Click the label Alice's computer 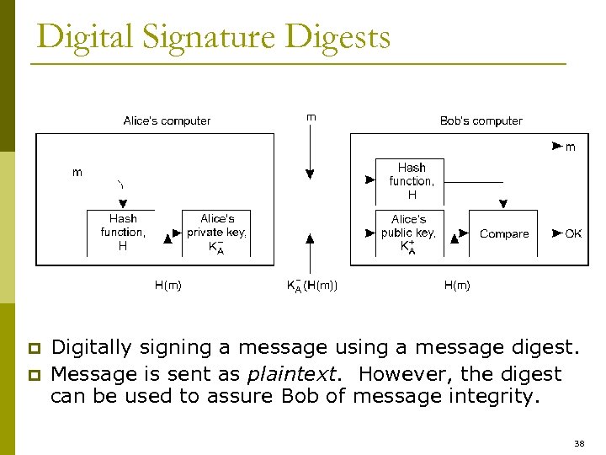click(167, 120)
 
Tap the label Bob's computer click(481, 120)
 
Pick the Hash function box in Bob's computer click(412, 181)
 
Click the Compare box click(504, 234)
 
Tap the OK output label click(573, 234)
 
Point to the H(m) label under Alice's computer click(167, 286)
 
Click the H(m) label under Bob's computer click(457, 286)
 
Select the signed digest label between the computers click(312, 286)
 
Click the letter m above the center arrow click(311, 117)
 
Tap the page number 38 click(578, 443)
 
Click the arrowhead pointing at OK click(556, 233)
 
